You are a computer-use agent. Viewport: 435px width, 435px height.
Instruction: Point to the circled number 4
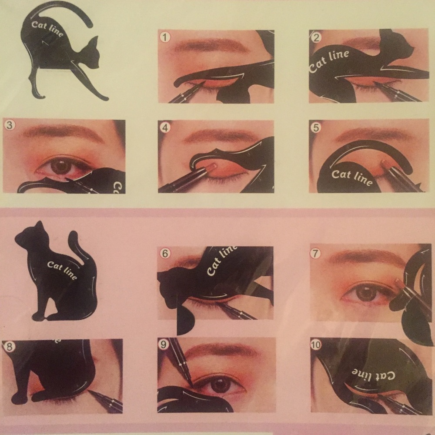click(x=164, y=128)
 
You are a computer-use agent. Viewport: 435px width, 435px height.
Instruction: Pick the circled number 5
click(x=315, y=128)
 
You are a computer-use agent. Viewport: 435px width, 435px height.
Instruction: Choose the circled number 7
click(x=315, y=253)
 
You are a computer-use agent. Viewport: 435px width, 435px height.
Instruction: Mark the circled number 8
click(x=9, y=346)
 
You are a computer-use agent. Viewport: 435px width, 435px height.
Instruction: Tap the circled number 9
click(x=164, y=345)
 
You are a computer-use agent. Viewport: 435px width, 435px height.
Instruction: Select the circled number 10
click(x=317, y=345)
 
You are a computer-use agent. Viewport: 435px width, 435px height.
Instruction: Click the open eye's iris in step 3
click(x=61, y=166)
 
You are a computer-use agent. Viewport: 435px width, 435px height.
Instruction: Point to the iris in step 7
click(x=365, y=292)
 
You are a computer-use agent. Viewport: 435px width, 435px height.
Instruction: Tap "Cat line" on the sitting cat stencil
click(x=62, y=270)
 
